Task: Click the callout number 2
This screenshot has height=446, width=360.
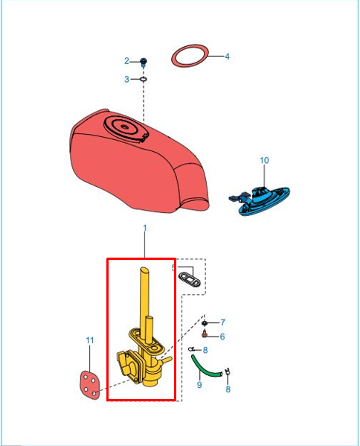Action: click(126, 61)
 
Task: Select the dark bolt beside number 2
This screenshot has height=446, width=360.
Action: click(144, 62)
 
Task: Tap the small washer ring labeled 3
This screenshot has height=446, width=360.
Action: click(144, 79)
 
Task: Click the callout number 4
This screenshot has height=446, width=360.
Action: click(227, 57)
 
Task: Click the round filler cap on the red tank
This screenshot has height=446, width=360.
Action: click(125, 127)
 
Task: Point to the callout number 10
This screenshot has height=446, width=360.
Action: click(264, 160)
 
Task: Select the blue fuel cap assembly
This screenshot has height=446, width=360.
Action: click(260, 200)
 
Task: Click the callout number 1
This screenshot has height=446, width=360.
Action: click(145, 228)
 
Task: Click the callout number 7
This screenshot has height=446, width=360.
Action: click(222, 322)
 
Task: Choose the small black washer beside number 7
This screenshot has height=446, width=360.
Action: click(204, 323)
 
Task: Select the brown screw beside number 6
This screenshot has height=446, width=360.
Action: click(204, 334)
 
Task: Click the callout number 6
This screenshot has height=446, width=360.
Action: click(222, 337)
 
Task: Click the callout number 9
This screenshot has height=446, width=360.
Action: click(199, 385)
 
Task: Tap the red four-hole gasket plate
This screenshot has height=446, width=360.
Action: click(90, 385)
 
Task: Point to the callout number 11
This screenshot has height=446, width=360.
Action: click(90, 340)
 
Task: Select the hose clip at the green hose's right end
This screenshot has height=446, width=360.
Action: click(228, 372)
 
